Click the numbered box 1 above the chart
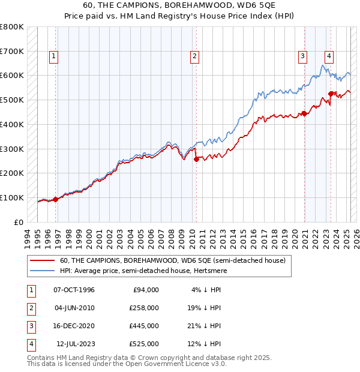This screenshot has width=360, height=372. point(53,57)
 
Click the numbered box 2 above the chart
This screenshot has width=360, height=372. point(195,57)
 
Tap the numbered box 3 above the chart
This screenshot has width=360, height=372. point(302,57)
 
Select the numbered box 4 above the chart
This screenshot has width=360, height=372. point(329,57)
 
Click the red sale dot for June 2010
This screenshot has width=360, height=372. point(196,159)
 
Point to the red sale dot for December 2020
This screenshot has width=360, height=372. point(304,113)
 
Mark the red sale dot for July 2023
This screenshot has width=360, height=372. point(331,94)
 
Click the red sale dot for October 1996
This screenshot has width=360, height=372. point(56,199)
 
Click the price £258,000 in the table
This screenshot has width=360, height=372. point(144,308)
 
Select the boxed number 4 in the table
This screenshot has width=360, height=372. point(29,344)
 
